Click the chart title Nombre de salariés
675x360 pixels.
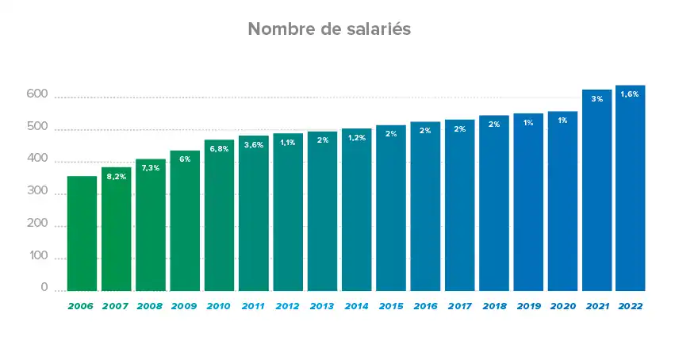(328, 29)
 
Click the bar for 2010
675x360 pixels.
(219, 215)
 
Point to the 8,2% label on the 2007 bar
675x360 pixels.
(116, 178)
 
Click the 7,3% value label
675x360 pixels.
(151, 168)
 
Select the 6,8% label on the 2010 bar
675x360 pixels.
(219, 149)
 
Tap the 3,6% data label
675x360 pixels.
(253, 144)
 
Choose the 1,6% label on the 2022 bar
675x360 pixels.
(630, 94)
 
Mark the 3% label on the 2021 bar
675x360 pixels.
(596, 99)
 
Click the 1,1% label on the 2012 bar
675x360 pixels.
(288, 143)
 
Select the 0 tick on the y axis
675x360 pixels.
(44, 288)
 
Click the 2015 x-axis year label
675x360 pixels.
(390, 306)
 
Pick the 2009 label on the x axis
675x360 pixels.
(184, 306)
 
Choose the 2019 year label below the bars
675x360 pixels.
(527, 306)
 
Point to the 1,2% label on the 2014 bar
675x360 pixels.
(356, 138)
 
